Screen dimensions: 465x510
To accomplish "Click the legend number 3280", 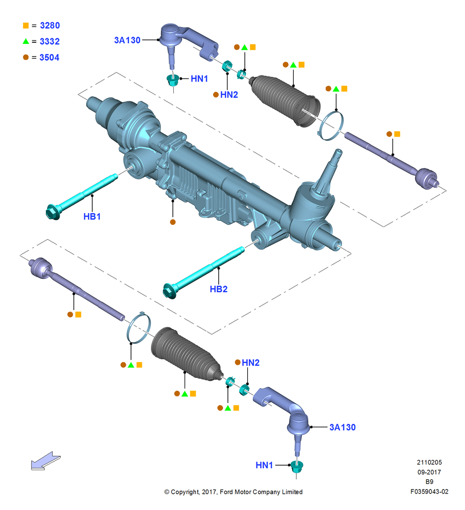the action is point(50,25).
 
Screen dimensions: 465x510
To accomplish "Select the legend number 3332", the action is point(50,41).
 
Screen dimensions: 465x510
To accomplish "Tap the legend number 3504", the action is point(49,57).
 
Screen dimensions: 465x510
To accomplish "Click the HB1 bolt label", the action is point(92,216).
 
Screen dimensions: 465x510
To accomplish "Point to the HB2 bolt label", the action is point(219,289).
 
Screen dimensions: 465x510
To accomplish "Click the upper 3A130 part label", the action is point(127,40).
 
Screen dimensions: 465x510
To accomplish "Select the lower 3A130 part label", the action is point(343,427).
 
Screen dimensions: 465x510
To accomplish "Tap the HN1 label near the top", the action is point(199,79).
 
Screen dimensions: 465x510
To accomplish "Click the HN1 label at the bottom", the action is point(264,465).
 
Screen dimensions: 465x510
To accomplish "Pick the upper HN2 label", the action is point(229,95).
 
